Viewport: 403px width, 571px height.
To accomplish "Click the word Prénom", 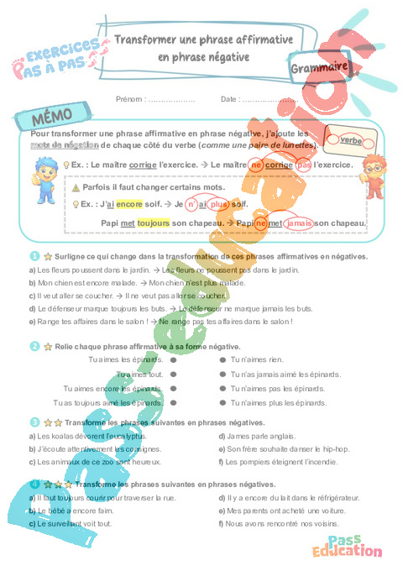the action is (130, 99).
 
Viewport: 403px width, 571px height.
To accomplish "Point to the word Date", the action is (230, 99).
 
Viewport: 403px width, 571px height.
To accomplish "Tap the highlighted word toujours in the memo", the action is (154, 223).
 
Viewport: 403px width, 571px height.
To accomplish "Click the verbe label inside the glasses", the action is (350, 140).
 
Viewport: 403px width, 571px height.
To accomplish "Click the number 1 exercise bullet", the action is (34, 256).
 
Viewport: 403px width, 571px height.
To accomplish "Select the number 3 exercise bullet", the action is (34, 422).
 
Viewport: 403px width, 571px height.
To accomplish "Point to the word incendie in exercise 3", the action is (322, 462).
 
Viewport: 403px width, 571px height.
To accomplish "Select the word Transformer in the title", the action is (148, 39).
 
